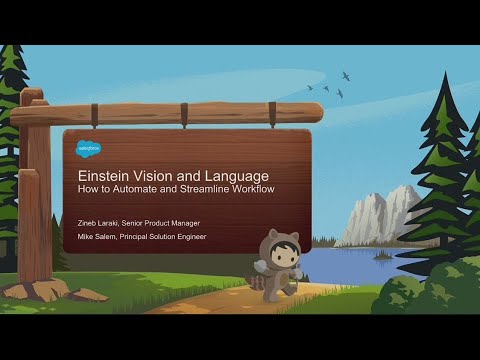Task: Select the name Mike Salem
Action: tap(97, 237)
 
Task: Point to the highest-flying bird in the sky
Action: tap(346, 74)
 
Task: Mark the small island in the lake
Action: tap(381, 256)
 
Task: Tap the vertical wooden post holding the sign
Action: tap(37, 200)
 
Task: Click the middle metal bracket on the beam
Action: tap(183, 113)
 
